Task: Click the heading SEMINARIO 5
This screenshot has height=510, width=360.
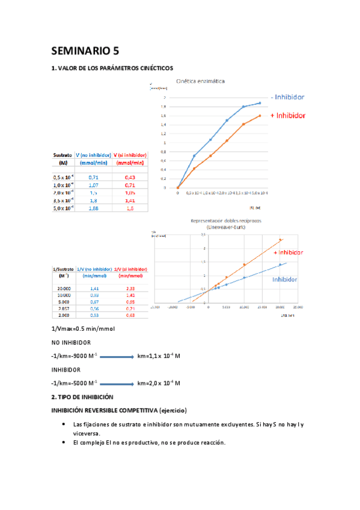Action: tap(85, 51)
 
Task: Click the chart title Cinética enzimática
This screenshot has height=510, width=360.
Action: tap(200, 81)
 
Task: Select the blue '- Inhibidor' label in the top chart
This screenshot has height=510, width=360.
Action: tap(287, 97)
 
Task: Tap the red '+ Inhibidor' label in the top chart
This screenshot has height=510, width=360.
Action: tap(288, 115)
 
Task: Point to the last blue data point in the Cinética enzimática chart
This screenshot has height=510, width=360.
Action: tap(260, 103)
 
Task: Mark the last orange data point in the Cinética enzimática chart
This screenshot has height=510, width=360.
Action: tap(260, 115)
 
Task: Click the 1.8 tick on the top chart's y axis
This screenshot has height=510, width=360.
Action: tap(164, 106)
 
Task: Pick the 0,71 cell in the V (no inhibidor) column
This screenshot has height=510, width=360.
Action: tap(94, 177)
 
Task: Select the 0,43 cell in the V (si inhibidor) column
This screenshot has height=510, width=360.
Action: tap(130, 177)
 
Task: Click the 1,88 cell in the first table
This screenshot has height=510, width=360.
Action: tap(94, 207)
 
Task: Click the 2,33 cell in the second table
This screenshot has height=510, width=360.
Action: tap(130, 289)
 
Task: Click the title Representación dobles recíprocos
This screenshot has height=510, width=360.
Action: tap(223, 221)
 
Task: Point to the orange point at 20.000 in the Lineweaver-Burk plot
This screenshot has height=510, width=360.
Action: tap(279, 241)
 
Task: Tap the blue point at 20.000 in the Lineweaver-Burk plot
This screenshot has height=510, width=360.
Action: tap(279, 265)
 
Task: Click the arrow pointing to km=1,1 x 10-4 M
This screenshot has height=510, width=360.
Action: tap(116, 357)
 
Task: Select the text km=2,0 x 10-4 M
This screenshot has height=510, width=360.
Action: tap(159, 383)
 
